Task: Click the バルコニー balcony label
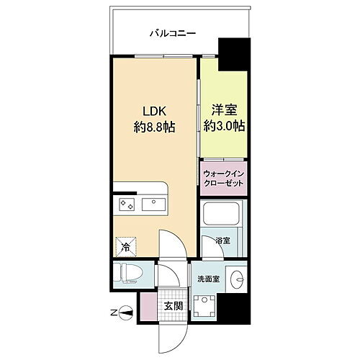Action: [x=174, y=32]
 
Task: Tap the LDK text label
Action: [x=154, y=112]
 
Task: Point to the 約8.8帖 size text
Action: [x=154, y=127]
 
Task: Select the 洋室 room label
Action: [x=223, y=110]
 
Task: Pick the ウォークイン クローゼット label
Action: [x=223, y=178]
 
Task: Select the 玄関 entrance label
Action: [x=173, y=306]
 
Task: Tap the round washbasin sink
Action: [x=238, y=276]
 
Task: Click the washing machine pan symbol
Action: [x=205, y=308]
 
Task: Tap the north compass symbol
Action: [x=127, y=312]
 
